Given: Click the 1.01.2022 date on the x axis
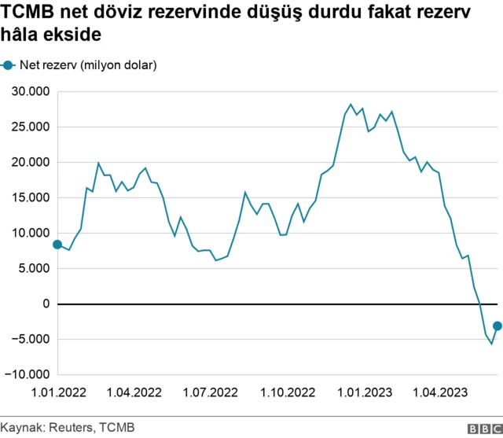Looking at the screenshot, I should (57, 392).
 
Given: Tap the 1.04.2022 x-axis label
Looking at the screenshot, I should (134, 392).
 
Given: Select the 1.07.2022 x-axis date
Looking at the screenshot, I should (211, 392).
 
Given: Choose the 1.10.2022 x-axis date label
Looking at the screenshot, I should (288, 392).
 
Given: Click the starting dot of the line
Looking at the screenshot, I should (57, 245).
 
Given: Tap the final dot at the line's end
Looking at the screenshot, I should (497, 326).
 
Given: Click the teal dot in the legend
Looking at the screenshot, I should (8, 65).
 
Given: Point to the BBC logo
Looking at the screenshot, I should (484, 428).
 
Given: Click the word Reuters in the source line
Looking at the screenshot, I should (71, 427).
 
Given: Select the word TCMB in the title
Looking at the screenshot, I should (28, 13).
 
